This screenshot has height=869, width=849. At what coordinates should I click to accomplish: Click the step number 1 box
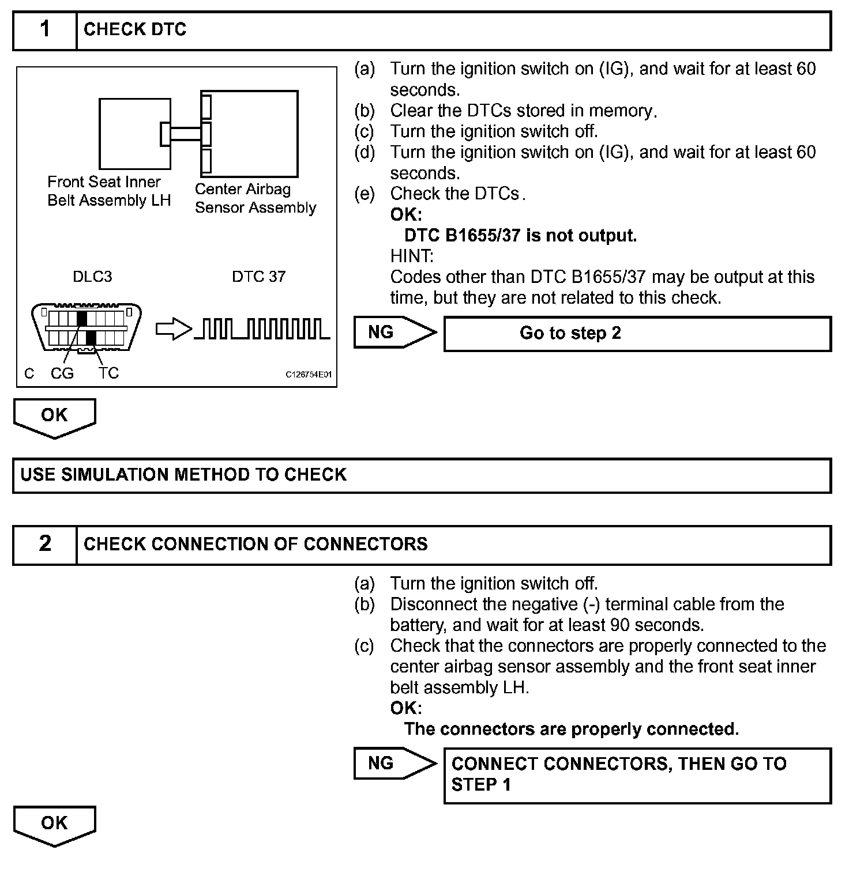pyautogui.click(x=45, y=30)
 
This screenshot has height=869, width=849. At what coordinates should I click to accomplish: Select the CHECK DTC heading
pyautogui.click(x=135, y=30)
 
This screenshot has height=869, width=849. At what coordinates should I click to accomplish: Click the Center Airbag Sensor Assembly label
pyautogui.click(x=256, y=198)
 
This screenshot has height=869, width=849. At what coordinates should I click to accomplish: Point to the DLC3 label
pyautogui.click(x=92, y=277)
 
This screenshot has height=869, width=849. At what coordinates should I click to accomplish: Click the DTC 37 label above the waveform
pyautogui.click(x=258, y=277)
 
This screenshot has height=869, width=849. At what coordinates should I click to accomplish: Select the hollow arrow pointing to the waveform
pyautogui.click(x=174, y=330)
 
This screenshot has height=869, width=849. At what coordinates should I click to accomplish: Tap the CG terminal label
pyautogui.click(x=62, y=373)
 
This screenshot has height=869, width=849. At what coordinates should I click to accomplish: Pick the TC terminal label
pyautogui.click(x=108, y=373)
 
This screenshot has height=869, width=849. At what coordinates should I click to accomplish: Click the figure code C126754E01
pyautogui.click(x=309, y=375)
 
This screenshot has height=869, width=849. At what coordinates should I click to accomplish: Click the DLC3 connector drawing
pyautogui.click(x=86, y=327)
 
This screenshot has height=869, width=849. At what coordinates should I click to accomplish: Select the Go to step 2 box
pyautogui.click(x=637, y=334)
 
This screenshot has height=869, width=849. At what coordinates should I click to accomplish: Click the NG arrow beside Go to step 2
pyautogui.click(x=395, y=333)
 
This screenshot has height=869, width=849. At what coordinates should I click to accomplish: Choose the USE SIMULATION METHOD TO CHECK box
pyautogui.click(x=422, y=475)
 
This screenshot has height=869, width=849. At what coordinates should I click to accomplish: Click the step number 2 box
pyautogui.click(x=45, y=545)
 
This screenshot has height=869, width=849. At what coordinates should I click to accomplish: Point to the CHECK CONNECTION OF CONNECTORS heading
pyautogui.click(x=256, y=545)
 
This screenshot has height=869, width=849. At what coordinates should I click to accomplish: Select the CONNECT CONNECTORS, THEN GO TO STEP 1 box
pyautogui.click(x=637, y=775)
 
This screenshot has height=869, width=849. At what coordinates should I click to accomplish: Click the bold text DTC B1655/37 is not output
pyautogui.click(x=520, y=236)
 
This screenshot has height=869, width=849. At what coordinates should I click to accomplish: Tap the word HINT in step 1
pyautogui.click(x=411, y=256)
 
